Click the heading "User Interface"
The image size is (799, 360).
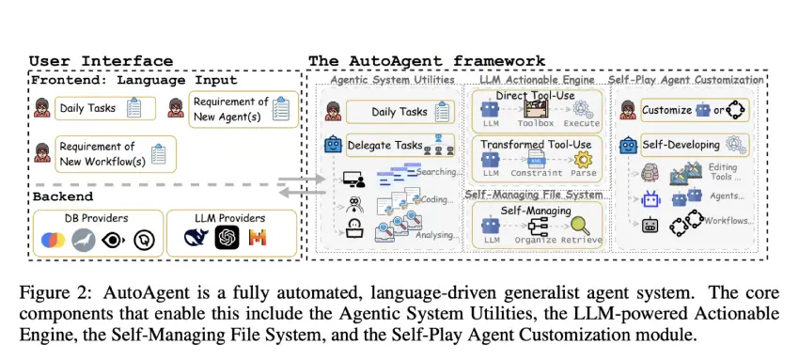pyautogui.click(x=101, y=61)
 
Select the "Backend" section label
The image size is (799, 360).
pyautogui.click(x=63, y=196)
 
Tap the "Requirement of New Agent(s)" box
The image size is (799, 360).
pyautogui.click(x=243, y=108)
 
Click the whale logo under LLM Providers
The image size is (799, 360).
pyautogui.click(x=196, y=240)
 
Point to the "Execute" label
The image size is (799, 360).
pyautogui.click(x=582, y=124)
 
